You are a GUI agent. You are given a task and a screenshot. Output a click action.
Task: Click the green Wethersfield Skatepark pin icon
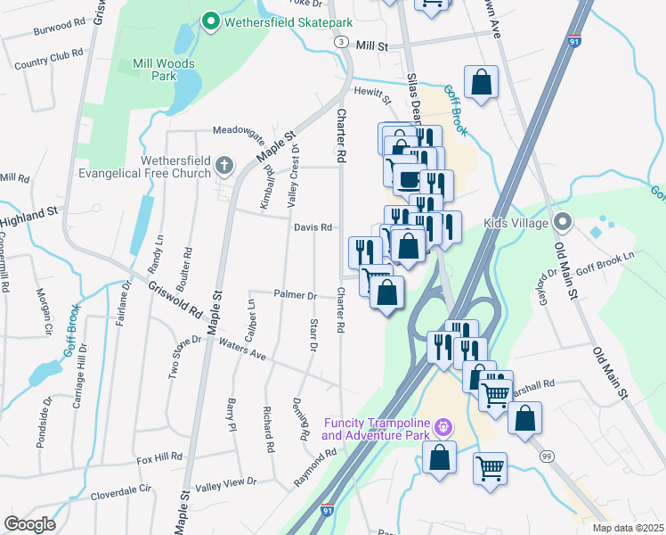(211, 20)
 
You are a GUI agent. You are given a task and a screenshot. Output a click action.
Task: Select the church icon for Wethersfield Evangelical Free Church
(223, 166)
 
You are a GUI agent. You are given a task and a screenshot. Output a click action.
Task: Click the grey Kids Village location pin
(561, 221)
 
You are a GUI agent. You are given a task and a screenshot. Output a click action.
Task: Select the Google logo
(29, 523)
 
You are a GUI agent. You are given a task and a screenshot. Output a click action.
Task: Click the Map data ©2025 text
(627, 528)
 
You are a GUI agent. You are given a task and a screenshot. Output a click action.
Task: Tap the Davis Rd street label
(313, 227)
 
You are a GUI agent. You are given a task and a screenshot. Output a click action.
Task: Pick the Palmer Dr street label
(295, 294)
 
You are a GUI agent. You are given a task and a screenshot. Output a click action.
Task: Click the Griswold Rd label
(175, 300)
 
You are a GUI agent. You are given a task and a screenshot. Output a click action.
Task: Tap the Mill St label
(372, 45)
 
